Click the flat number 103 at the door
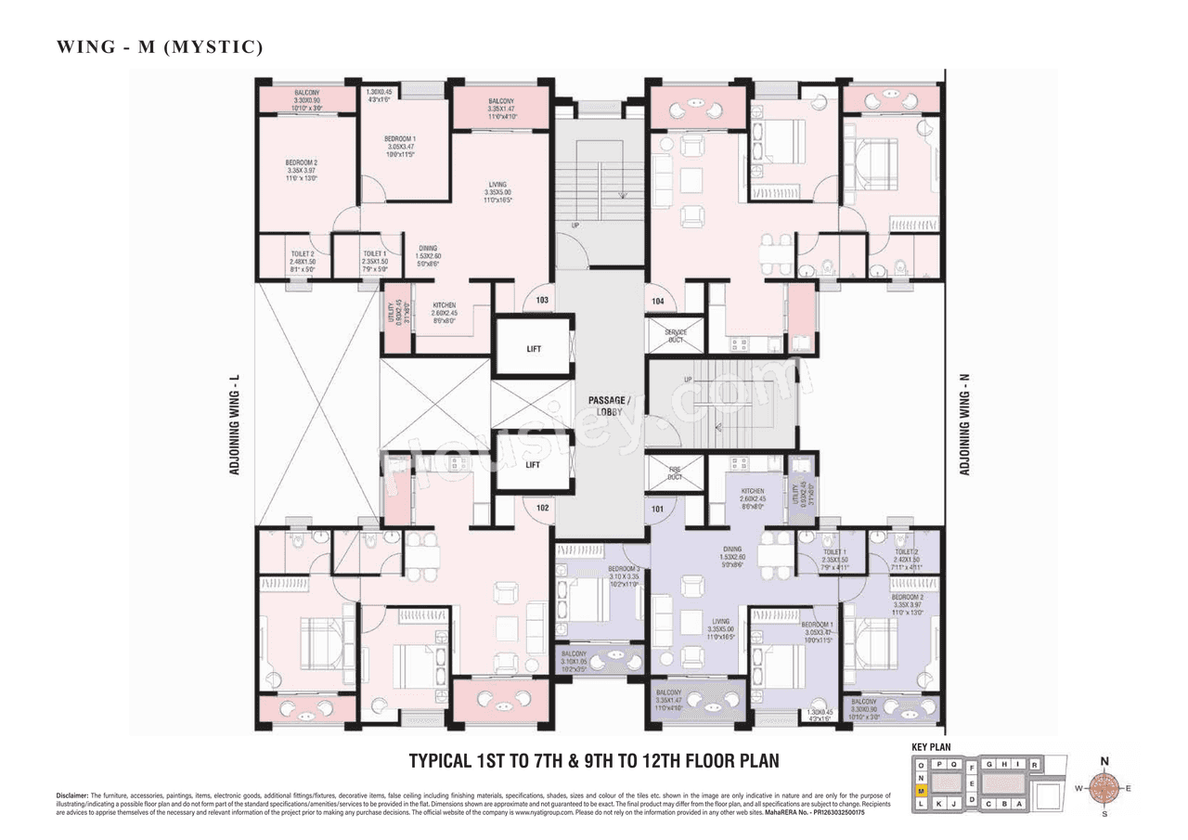pos(542,301)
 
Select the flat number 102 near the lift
pos(542,508)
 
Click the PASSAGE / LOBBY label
pos(608,406)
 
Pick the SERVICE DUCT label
pos(676,336)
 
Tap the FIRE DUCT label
pos(675,473)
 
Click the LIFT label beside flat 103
pos(533,349)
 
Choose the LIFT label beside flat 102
pos(533,465)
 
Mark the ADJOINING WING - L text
pos(235,424)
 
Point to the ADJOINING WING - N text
pos(965,424)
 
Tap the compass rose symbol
pos(1104,789)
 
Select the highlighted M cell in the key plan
pos(921,790)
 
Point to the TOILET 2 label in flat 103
pos(303,257)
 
